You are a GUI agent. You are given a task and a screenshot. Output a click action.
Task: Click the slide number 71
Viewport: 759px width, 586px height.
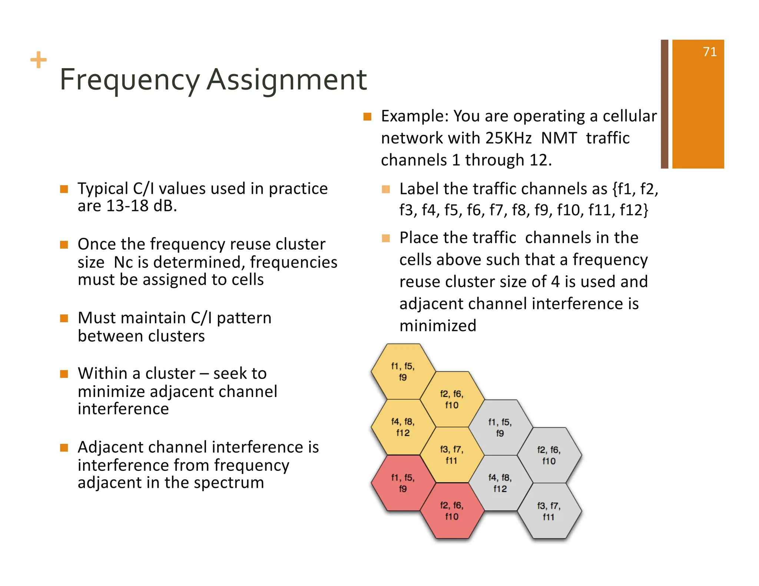pyautogui.click(x=709, y=52)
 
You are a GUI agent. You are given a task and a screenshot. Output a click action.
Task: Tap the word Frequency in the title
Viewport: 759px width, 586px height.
pyautogui.click(x=130, y=80)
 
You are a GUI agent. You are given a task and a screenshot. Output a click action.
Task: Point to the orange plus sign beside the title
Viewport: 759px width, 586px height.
pyautogui.click(x=39, y=60)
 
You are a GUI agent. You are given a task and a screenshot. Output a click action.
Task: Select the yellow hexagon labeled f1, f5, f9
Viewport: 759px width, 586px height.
pyautogui.click(x=403, y=372)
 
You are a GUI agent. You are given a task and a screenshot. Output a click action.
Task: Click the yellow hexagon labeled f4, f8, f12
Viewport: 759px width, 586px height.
pyautogui.click(x=403, y=427)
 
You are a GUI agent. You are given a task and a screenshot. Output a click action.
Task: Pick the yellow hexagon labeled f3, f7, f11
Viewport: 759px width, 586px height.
pyautogui.click(x=451, y=455)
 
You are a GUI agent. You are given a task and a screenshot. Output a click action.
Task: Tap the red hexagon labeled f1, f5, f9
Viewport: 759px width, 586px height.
pyautogui.click(x=403, y=483)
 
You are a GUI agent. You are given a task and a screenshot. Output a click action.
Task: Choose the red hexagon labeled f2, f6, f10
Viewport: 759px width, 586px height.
pyautogui.click(x=451, y=511)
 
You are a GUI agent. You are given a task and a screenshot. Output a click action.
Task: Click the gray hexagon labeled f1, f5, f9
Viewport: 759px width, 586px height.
pyautogui.click(x=500, y=427)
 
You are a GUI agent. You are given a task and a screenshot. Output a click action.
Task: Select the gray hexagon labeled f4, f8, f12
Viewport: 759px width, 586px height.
pyautogui.click(x=500, y=483)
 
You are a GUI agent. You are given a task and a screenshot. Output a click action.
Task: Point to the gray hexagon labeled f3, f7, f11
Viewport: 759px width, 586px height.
pyautogui.click(x=549, y=511)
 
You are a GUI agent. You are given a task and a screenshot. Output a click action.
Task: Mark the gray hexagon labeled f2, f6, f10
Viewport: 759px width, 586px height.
pyautogui.click(x=549, y=455)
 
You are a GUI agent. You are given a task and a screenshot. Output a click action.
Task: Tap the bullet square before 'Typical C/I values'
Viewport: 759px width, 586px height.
pyautogui.click(x=64, y=189)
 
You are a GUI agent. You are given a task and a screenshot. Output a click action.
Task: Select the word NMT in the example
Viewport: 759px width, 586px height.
pyautogui.click(x=559, y=138)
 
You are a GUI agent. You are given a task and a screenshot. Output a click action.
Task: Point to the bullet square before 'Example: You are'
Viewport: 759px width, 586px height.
pyautogui.click(x=367, y=117)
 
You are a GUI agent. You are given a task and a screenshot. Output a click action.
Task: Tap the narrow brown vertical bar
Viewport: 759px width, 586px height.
pyautogui.click(x=664, y=104)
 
